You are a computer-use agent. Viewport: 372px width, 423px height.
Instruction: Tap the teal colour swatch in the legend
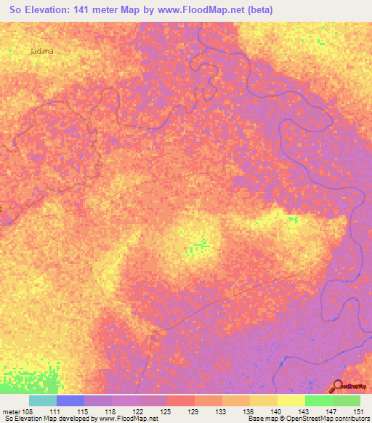point(43,400)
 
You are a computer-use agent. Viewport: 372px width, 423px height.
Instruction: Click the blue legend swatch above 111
point(70,400)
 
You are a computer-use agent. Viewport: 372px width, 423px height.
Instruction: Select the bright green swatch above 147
point(319,400)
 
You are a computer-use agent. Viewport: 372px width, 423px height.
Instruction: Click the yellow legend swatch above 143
point(291,400)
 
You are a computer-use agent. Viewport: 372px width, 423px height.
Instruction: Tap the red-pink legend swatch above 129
point(181,400)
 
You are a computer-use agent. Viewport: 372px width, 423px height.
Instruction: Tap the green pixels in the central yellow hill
point(201,246)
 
